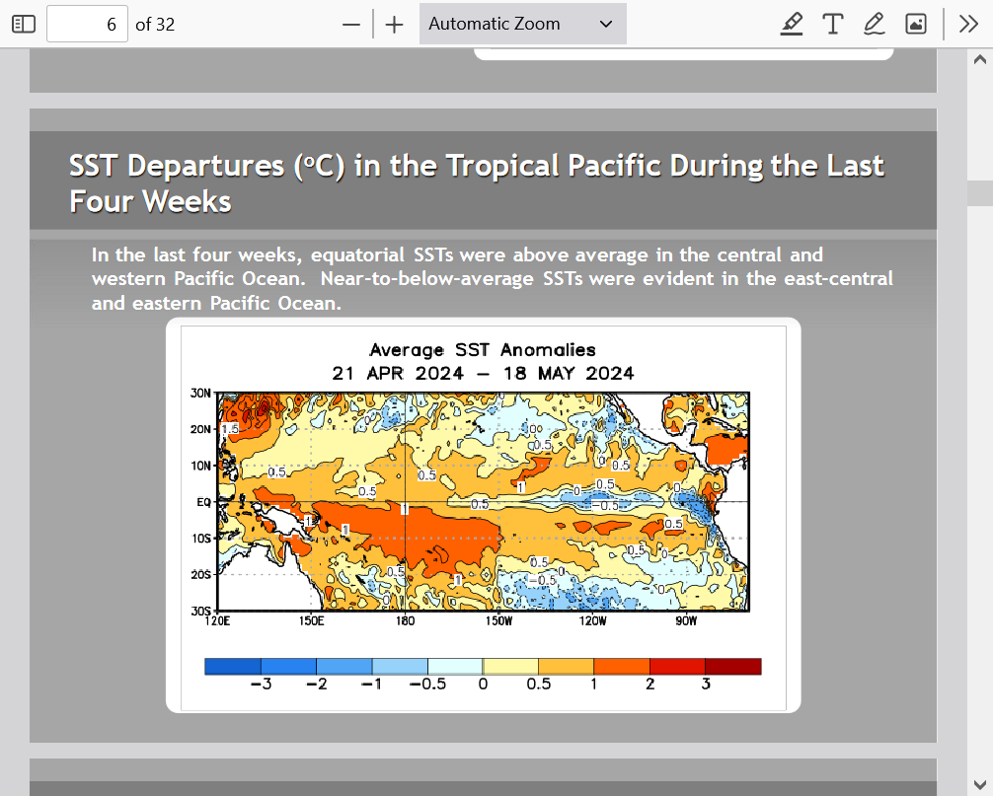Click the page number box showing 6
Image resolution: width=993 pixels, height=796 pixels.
tap(88, 24)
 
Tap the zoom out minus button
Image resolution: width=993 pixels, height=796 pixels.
tap(350, 25)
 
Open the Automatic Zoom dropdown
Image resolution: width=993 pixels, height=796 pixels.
tap(522, 24)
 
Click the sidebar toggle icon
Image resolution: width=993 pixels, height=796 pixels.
tap(24, 24)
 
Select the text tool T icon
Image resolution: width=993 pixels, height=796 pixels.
tap(832, 24)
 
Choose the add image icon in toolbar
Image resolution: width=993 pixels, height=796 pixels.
tap(916, 24)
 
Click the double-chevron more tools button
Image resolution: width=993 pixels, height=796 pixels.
tap(968, 24)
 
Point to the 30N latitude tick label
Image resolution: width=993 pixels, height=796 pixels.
tap(200, 393)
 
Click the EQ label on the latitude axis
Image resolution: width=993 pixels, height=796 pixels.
tap(204, 502)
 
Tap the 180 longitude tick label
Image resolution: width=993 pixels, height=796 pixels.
tap(406, 620)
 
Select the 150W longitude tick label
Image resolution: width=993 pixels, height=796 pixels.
tap(499, 620)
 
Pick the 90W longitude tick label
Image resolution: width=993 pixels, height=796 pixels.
tap(686, 620)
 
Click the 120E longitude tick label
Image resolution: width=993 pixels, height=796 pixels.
tap(217, 620)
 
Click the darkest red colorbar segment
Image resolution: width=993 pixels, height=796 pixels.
tap(733, 666)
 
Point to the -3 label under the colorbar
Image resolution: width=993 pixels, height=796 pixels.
tap(261, 684)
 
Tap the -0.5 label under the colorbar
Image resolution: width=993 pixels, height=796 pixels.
tap(427, 684)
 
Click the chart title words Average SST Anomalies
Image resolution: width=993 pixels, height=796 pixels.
tap(483, 350)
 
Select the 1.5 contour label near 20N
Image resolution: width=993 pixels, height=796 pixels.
tap(230, 429)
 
